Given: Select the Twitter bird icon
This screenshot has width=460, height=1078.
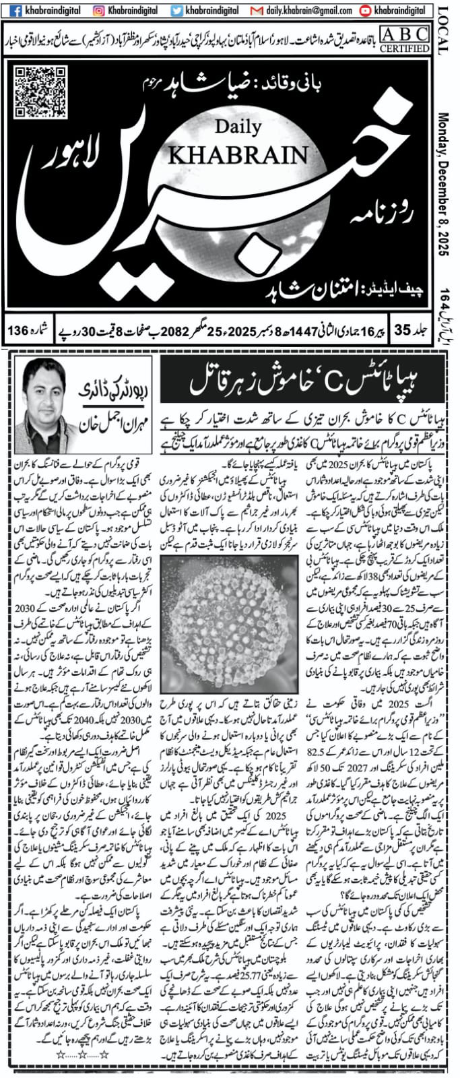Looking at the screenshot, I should click(x=176, y=11).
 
